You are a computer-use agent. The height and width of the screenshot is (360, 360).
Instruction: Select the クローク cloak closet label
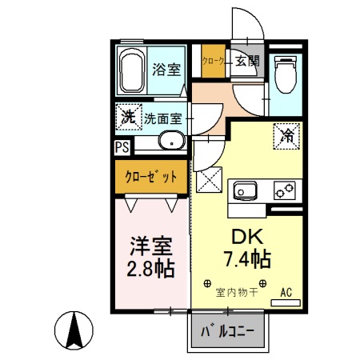pyautogui.click(x=212, y=61)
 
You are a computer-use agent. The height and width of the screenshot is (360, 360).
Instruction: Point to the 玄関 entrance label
pyautogui.click(x=247, y=61)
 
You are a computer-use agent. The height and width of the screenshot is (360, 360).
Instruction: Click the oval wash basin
pyautogui.click(x=170, y=142)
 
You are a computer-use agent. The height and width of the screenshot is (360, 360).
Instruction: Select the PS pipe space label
pyautogui.click(x=122, y=147)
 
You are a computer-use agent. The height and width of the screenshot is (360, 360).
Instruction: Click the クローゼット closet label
pyautogui.click(x=150, y=177)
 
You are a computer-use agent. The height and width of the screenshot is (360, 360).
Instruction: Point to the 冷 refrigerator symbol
pyautogui.click(x=286, y=136)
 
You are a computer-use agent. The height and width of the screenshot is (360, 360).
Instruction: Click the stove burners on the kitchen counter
pyautogui.click(x=285, y=190)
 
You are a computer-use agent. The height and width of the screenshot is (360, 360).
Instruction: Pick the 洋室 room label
pyautogui.click(x=150, y=243)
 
